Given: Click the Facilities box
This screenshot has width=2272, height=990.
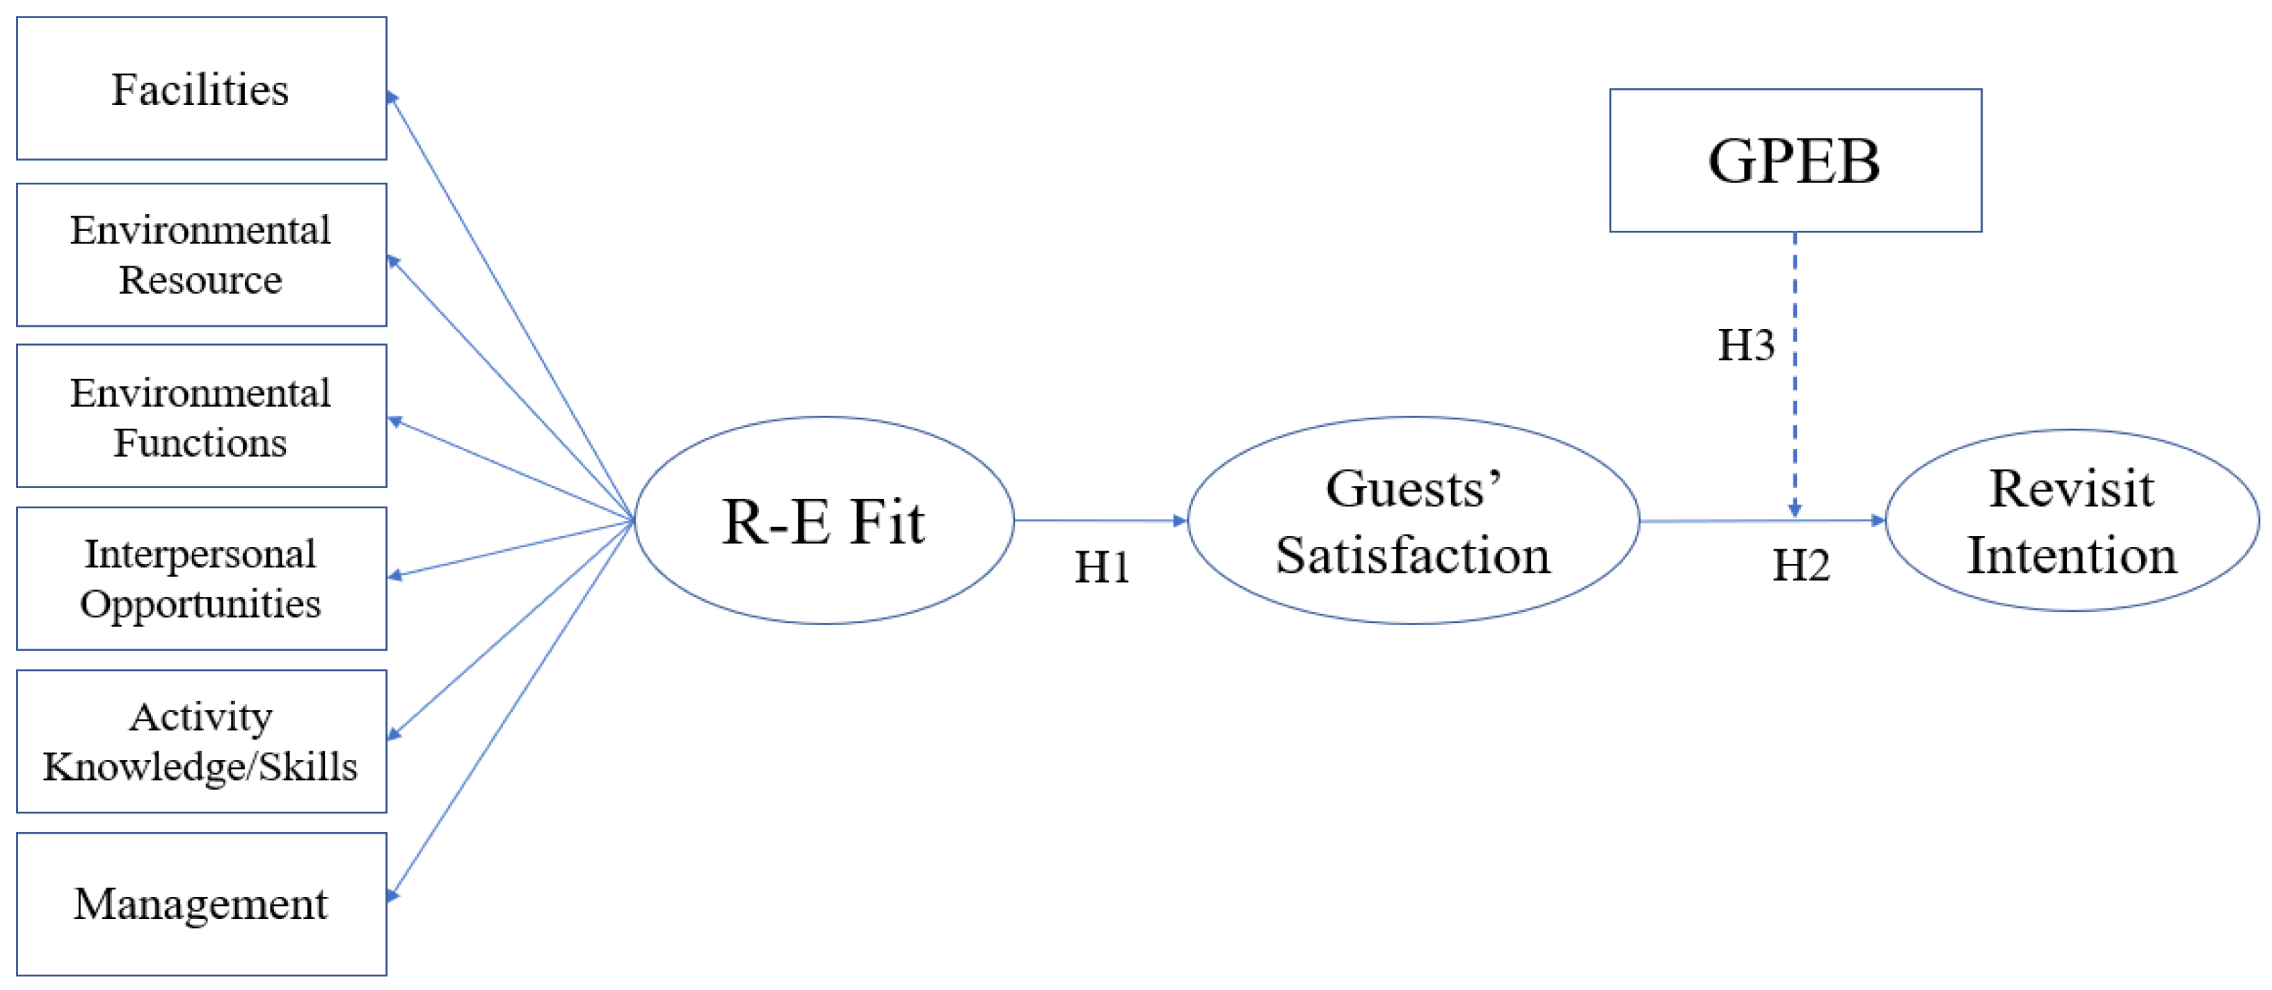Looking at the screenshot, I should (x=201, y=88).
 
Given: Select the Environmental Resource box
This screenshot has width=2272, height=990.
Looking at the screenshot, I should (x=201, y=254).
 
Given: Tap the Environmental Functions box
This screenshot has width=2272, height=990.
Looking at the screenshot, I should (x=201, y=416).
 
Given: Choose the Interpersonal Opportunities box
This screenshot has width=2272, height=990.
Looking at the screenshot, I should (x=201, y=578).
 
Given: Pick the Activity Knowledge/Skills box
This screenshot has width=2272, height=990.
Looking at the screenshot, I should (x=201, y=741).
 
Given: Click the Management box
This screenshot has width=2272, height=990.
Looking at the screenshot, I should (x=201, y=904).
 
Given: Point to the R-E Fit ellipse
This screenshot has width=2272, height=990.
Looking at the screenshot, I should (x=824, y=520).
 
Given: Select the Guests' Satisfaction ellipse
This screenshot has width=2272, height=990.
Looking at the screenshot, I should (x=1413, y=520).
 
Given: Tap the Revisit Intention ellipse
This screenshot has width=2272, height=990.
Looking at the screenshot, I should (x=2072, y=520).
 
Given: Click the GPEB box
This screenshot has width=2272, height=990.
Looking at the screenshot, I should (x=1795, y=161).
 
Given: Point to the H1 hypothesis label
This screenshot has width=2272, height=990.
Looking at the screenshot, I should (x=1102, y=567).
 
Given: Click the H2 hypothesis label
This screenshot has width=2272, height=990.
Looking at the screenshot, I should (x=1801, y=565).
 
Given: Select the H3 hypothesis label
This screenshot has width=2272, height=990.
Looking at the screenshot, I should (x=1745, y=345).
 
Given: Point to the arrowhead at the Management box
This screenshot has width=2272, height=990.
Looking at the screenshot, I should (x=393, y=895).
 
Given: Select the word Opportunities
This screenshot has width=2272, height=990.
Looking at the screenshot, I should (x=200, y=605).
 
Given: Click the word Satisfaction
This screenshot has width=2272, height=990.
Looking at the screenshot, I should (x=1413, y=555).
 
